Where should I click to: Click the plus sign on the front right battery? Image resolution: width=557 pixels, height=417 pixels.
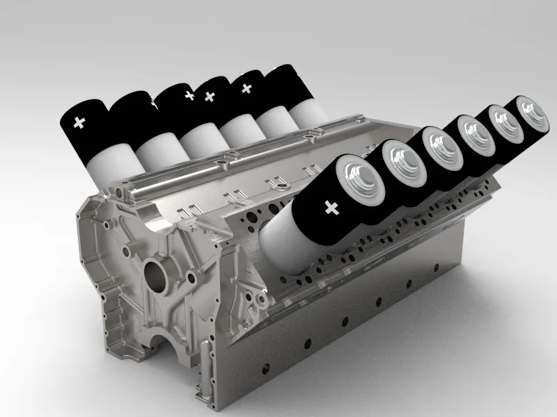coord(331,206)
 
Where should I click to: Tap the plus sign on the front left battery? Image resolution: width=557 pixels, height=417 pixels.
coord(79,123)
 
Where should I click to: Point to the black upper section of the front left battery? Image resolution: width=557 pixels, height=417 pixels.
coord(87,125)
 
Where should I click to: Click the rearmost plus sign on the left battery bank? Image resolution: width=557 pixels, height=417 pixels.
coord(245,88)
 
